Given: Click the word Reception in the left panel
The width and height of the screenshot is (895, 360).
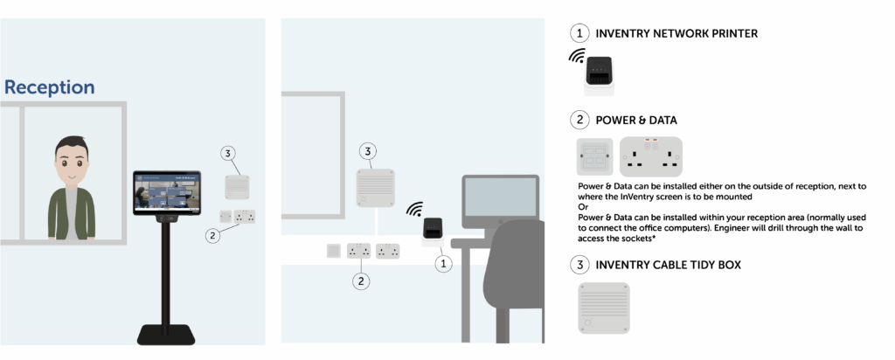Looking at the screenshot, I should (50, 87).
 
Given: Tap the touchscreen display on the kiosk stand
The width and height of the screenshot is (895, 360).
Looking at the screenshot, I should (166, 192).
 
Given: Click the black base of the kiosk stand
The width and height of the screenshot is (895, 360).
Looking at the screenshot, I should (166, 334).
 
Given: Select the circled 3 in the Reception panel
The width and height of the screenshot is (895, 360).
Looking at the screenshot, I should (228, 154).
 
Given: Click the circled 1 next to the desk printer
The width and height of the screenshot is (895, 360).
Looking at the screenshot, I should (445, 261).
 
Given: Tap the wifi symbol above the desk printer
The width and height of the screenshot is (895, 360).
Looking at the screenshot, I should (414, 210).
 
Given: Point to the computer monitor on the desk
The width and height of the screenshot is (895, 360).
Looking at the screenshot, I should (500, 201).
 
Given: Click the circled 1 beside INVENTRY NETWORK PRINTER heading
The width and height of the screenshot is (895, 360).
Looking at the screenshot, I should (579, 33).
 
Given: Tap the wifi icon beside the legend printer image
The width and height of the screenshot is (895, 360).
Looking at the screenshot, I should (576, 57).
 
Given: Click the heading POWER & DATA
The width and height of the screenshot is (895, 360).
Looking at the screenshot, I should (636, 120).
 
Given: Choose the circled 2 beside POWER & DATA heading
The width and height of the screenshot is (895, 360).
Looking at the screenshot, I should (579, 120).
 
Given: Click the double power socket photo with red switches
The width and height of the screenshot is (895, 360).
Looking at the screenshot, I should (650, 156).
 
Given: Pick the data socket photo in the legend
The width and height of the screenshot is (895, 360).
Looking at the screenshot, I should (594, 157).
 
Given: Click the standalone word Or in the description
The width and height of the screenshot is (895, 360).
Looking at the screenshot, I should (583, 207).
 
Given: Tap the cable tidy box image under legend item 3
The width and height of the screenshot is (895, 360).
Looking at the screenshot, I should (603, 307).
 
